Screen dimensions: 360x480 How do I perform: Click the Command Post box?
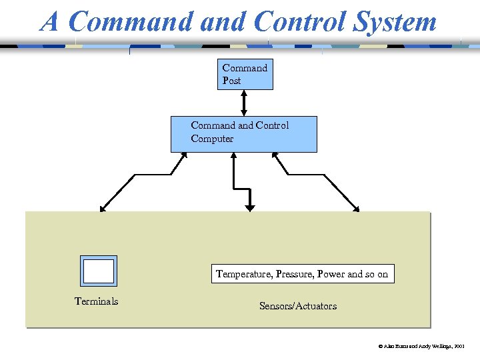pos(246,74)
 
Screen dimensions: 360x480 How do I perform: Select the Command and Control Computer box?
pos(243,134)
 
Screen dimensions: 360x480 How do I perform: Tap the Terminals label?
pos(96,301)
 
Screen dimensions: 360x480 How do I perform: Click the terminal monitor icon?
pos(99,271)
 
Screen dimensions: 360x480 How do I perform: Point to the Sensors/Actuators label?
pos(298,306)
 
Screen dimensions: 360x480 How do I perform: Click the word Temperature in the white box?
pos(241,274)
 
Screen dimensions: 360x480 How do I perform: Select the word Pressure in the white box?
pos(292,274)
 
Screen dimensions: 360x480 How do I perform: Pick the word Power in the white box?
pos(331,274)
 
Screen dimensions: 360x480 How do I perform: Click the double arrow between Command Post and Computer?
pos(244,103)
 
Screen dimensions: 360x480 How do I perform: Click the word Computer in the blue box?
pos(212,139)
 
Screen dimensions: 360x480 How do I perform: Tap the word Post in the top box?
pos(231,81)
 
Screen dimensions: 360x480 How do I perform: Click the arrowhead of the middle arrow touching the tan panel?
pos(250,208)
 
